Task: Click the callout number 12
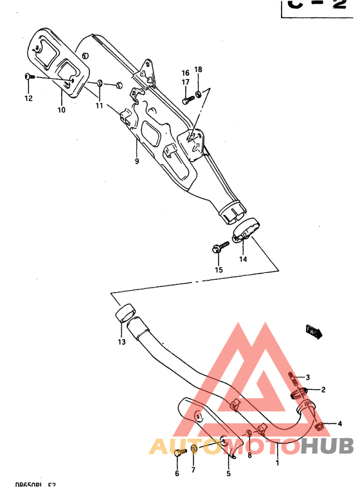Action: click(x=28, y=98)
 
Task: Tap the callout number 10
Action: click(x=61, y=110)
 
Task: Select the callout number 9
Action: click(x=136, y=161)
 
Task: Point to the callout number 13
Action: click(x=122, y=342)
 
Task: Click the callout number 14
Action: click(x=243, y=259)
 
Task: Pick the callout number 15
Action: click(x=219, y=270)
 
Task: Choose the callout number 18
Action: click(x=198, y=69)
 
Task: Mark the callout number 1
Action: click(x=277, y=462)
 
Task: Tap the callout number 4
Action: click(x=339, y=423)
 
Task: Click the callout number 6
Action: click(x=177, y=474)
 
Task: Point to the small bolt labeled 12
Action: click(x=28, y=77)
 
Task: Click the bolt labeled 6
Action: click(x=178, y=456)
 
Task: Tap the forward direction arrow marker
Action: click(x=315, y=332)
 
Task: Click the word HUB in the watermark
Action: click(x=327, y=446)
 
